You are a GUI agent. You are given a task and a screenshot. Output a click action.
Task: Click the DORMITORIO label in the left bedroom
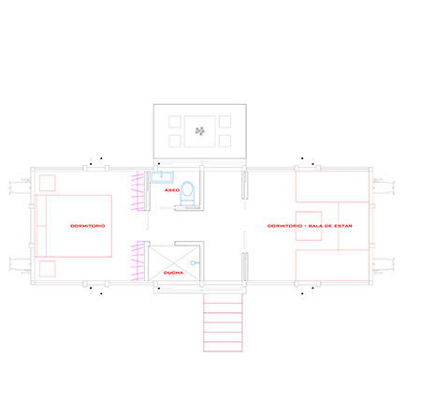point(88,226)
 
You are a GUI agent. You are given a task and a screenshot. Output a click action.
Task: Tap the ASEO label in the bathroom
point(172,190)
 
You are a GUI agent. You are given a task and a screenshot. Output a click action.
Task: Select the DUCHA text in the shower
point(173,273)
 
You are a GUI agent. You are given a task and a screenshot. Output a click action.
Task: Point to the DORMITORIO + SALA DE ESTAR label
point(310,226)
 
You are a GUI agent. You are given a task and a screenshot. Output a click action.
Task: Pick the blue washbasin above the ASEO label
point(162,177)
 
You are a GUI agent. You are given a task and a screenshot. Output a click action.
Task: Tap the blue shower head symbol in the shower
point(194,263)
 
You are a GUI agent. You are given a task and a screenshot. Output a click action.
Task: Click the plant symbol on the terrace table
point(200,131)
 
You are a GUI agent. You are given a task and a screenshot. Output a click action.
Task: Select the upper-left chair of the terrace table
point(175,122)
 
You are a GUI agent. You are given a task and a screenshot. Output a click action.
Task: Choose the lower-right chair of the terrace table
point(225,141)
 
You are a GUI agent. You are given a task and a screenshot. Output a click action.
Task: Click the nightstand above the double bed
point(48,183)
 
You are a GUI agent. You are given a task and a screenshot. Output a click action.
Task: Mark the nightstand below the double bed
point(48,269)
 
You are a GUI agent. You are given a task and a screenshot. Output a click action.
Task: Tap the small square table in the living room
point(309,226)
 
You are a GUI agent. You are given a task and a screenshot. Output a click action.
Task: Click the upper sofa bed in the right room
point(332,186)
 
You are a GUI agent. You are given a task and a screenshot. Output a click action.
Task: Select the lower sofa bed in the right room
point(332,265)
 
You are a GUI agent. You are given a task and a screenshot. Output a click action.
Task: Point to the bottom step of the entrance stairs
point(223,347)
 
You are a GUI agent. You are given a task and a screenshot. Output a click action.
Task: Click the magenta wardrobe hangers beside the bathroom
point(138,191)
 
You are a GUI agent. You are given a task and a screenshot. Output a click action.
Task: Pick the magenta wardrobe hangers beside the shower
point(138,261)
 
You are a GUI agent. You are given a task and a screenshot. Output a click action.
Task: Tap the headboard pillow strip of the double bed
point(40,226)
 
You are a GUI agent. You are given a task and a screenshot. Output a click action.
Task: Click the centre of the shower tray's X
point(174,263)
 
